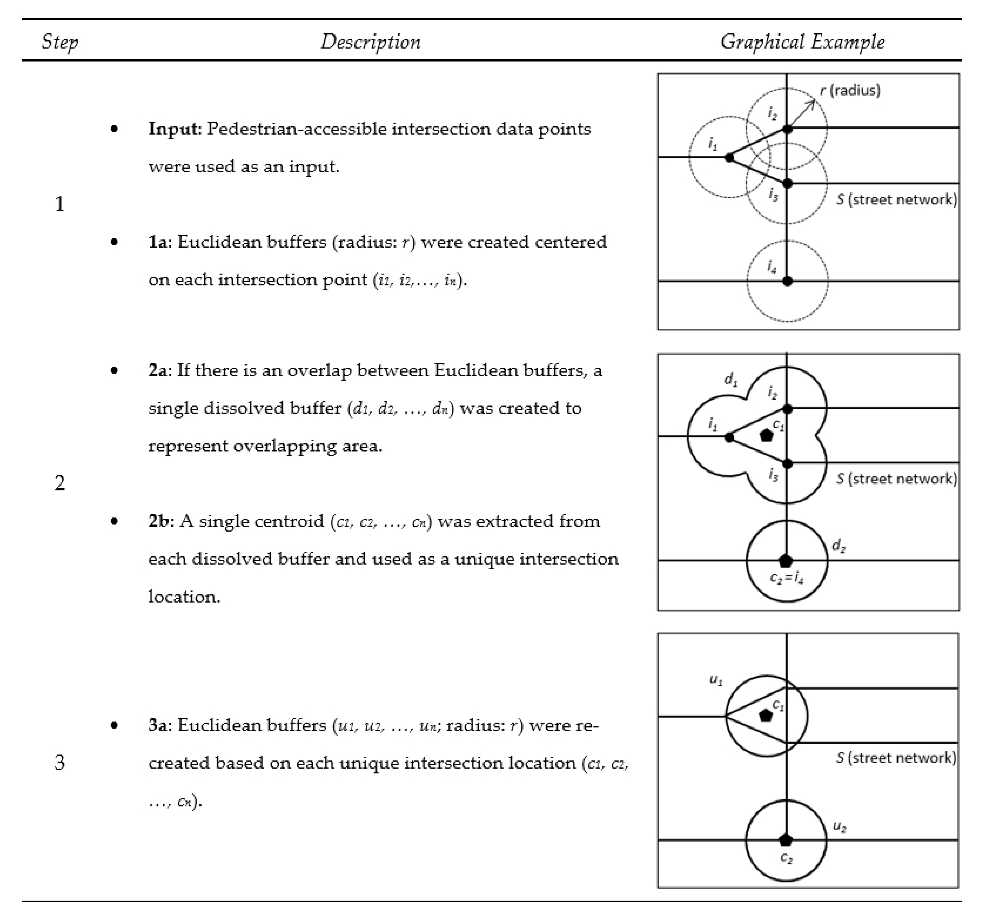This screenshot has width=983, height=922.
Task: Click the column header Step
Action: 60,42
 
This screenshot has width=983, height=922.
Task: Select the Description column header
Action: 370,42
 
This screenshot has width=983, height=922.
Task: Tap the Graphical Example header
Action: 802,42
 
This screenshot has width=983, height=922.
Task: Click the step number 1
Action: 59,204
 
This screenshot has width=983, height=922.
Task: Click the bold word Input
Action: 172,129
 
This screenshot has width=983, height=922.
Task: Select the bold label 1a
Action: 159,242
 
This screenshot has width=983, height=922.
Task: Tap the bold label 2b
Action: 160,521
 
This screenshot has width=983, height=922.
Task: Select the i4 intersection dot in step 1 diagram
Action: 787,281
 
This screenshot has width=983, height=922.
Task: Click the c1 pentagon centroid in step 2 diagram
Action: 766,435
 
